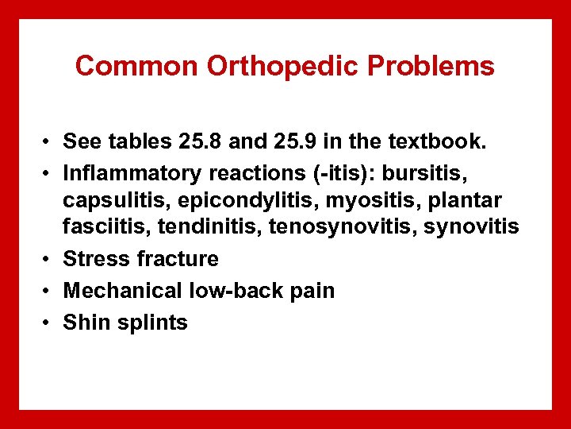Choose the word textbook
[428, 141]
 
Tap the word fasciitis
[98, 227]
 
